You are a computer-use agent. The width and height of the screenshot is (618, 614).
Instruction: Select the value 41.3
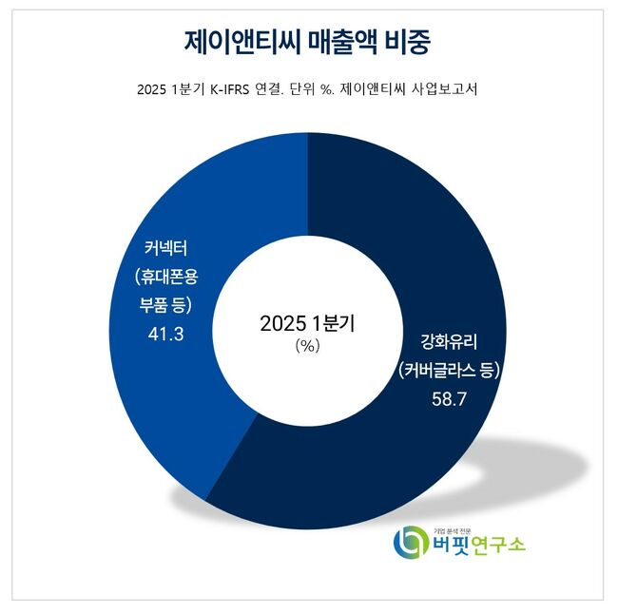pos(164,334)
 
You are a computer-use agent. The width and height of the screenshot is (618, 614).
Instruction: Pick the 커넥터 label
pos(164,251)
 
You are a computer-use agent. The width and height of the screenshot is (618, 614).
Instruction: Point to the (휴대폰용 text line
pos(164,278)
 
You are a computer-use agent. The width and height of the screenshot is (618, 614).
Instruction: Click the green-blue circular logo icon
pos(411,543)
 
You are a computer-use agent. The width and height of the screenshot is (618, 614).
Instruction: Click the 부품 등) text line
pos(164,306)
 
